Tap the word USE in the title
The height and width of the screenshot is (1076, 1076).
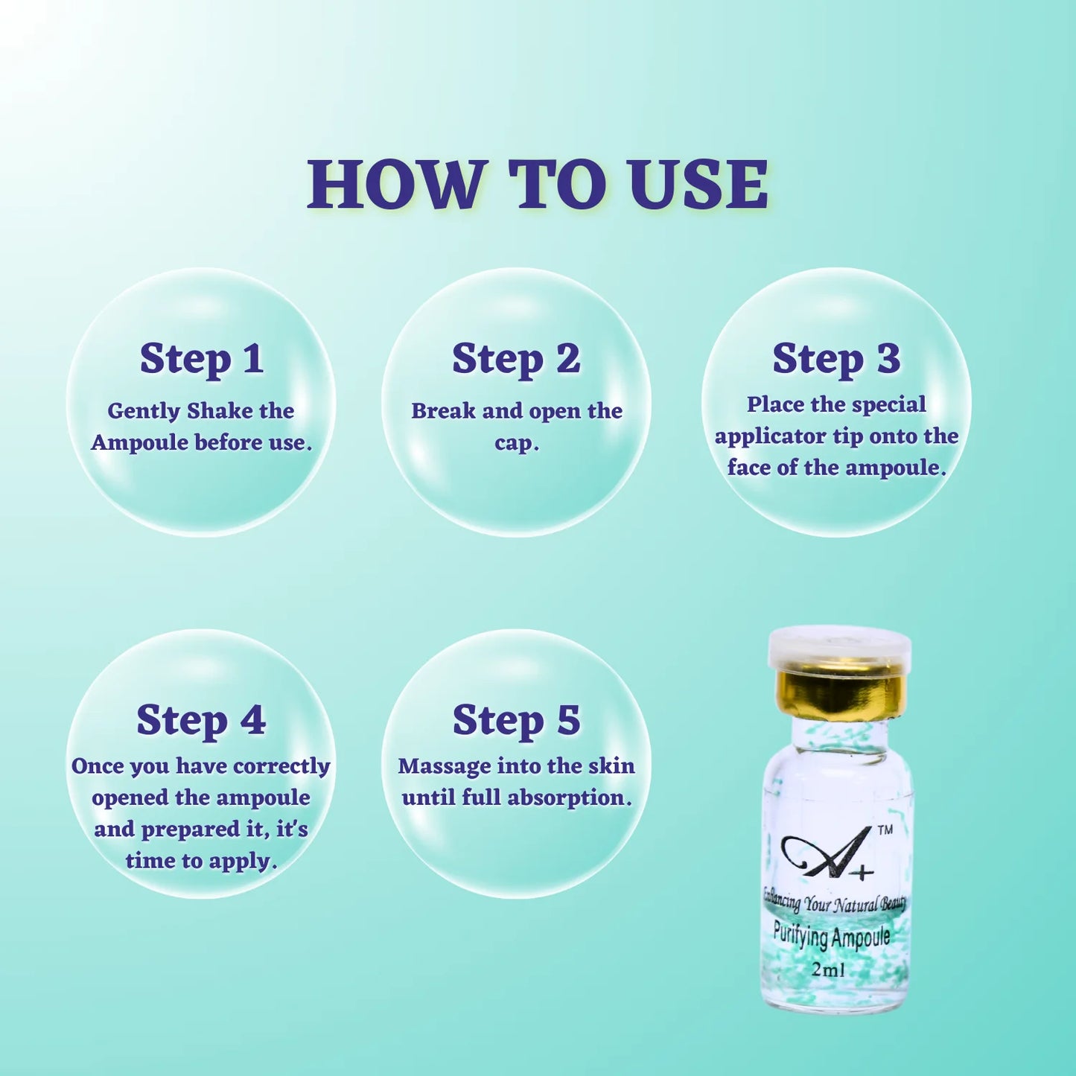[x=698, y=185]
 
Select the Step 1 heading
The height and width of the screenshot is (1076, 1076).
[x=201, y=359]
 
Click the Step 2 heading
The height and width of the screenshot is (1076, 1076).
[x=516, y=359]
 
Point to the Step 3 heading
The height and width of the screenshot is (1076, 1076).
[x=836, y=359]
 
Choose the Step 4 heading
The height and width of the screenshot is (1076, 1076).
[x=201, y=720]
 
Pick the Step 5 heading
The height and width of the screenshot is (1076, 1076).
[x=516, y=720]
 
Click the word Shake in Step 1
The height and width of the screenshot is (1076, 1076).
[x=220, y=411]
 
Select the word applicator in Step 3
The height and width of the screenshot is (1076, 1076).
[x=771, y=436]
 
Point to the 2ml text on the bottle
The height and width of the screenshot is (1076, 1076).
[x=828, y=970]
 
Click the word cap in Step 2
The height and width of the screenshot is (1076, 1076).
[x=515, y=444]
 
